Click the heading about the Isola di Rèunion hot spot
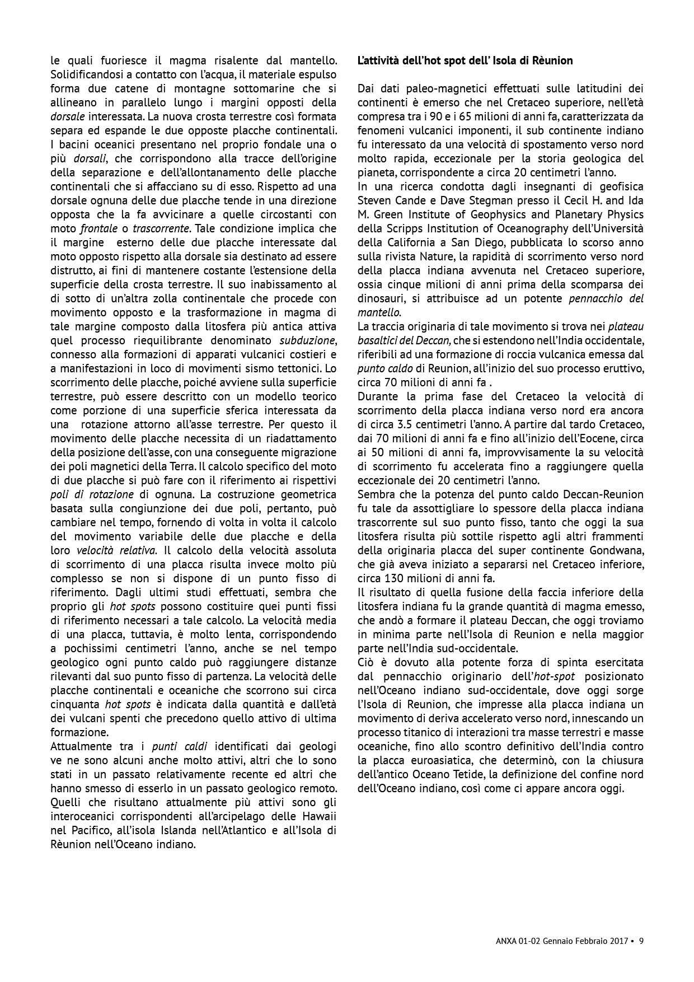coord(465,60)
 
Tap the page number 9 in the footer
coord(641,941)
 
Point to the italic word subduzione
coord(308,340)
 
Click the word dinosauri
coord(379,298)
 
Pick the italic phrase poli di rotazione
coord(92,494)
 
